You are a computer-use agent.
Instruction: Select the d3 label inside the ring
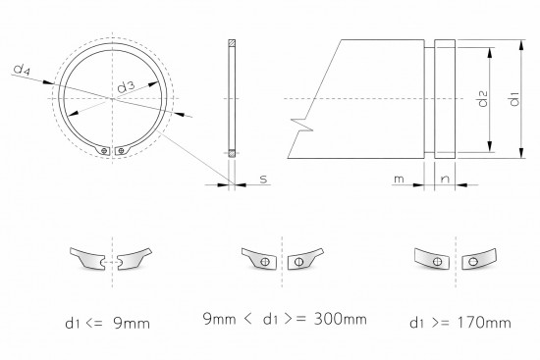(125, 88)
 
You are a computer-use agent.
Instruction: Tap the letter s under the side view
(263, 180)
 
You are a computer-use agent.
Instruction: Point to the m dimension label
(399, 180)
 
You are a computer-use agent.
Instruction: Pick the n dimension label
(445, 180)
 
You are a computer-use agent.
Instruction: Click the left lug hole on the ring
(103, 150)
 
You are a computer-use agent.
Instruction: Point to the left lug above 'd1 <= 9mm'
(90, 259)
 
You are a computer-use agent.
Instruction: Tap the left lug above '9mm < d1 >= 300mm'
(259, 260)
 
